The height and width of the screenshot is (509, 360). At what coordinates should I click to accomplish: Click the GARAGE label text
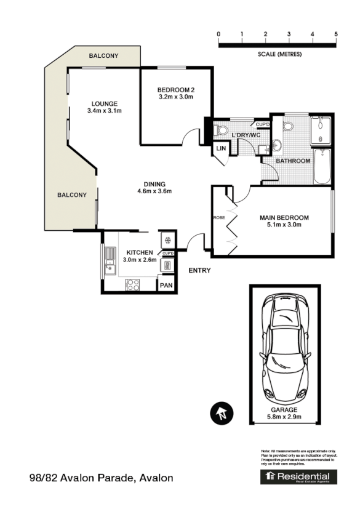tap(284, 409)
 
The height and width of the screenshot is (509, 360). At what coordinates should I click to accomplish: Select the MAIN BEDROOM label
tap(284, 218)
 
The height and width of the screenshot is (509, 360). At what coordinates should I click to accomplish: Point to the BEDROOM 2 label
tap(175, 88)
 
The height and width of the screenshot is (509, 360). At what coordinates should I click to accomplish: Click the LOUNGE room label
tap(105, 103)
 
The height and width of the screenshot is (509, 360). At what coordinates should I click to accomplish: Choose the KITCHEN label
tap(139, 253)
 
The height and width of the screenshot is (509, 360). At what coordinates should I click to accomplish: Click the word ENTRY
tap(199, 270)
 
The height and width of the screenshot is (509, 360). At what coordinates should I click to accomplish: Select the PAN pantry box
tap(166, 286)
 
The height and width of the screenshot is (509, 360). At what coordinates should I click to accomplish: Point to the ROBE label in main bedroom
tap(218, 218)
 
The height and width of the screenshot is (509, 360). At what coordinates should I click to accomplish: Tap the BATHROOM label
tap(292, 161)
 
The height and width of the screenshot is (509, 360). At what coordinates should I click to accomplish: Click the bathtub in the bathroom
tap(323, 166)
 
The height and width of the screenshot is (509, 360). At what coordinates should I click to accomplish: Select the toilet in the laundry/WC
tap(221, 130)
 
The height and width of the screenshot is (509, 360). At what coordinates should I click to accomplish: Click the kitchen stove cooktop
tap(133, 284)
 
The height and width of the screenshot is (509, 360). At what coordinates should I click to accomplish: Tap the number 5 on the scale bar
tap(336, 34)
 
